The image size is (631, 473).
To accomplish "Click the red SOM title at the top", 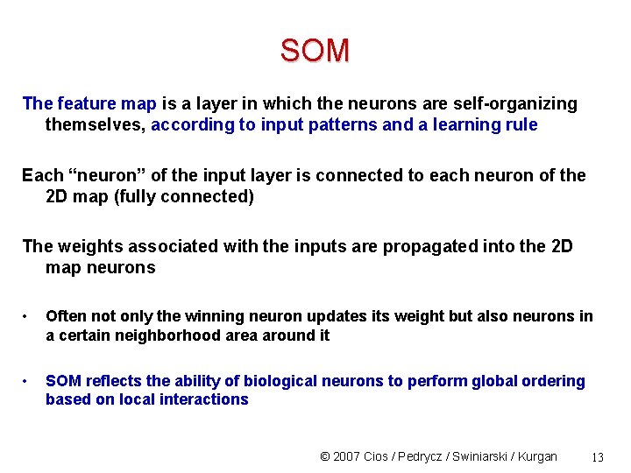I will [315, 51].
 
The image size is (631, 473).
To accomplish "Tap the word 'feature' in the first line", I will [86, 104].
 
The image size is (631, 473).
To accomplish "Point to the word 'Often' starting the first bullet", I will [66, 316].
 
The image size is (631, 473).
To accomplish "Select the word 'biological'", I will [284, 381].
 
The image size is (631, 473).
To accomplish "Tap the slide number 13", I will [598, 457].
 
